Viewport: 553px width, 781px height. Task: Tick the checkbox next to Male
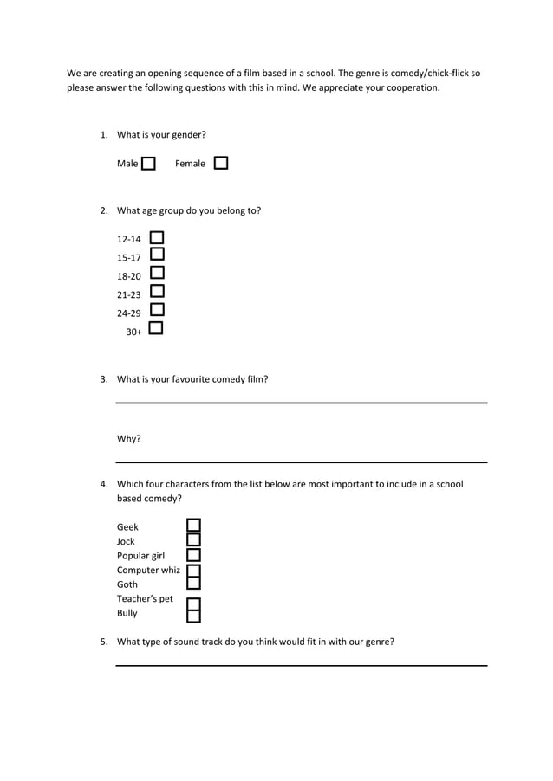tap(148, 164)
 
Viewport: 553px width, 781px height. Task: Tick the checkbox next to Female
tap(220, 163)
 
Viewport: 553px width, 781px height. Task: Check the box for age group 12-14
tap(157, 237)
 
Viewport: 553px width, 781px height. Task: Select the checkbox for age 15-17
tap(157, 255)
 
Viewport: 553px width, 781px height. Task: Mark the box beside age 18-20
tap(157, 273)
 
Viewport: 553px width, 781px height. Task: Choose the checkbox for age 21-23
tap(157, 291)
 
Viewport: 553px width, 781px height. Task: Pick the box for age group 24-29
tap(157, 309)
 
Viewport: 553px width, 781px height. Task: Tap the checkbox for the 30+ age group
tap(156, 328)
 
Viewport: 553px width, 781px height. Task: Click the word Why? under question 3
tap(129, 439)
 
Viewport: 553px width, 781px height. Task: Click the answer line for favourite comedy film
tap(302, 402)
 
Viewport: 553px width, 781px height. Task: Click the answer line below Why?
tap(302, 461)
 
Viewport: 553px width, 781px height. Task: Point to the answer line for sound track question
tap(302, 665)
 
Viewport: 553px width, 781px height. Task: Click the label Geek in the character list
tap(127, 527)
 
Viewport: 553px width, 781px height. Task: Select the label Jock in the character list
tap(126, 542)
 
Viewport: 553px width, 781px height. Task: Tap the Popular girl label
tap(140, 556)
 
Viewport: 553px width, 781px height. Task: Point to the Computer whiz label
tap(148, 571)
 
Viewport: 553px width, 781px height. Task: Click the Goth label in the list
tap(127, 584)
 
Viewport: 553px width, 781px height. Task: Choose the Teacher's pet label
tap(145, 599)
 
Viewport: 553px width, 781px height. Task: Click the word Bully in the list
tap(127, 614)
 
